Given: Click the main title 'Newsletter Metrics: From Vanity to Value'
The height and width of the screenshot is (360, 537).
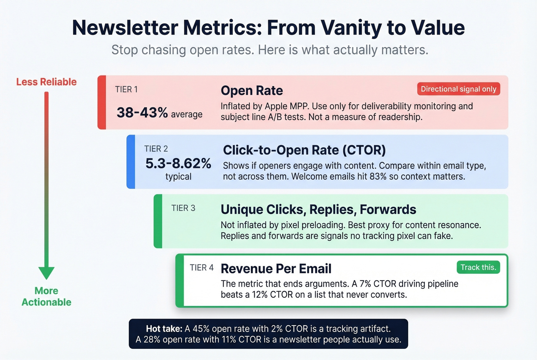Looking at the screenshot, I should [268, 28].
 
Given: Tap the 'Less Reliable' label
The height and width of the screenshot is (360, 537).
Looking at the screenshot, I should [46, 82].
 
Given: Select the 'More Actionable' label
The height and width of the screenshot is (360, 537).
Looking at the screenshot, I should [46, 296].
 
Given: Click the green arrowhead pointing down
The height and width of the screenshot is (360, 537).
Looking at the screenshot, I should [46, 273].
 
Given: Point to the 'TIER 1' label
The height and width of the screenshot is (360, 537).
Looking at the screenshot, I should [126, 89].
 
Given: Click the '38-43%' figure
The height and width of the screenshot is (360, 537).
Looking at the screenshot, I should [142, 113].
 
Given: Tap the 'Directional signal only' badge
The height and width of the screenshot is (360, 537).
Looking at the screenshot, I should [458, 89].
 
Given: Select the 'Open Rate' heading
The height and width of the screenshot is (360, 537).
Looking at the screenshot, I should [252, 90].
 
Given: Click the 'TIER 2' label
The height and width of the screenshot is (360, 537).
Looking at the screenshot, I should [156, 149].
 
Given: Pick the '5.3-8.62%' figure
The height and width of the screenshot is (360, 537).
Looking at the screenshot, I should [178, 163].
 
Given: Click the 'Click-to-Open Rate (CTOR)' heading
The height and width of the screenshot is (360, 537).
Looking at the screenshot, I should [304, 150].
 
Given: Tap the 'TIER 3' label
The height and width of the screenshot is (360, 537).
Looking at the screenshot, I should [183, 208].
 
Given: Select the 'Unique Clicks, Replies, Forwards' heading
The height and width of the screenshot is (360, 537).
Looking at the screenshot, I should [318, 209].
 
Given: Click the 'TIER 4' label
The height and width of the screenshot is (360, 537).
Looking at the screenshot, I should [201, 268].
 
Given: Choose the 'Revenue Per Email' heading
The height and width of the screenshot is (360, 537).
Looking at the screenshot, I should [276, 269].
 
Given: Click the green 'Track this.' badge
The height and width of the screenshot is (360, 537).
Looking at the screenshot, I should [478, 267].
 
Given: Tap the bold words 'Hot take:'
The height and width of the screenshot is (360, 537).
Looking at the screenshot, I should [164, 329].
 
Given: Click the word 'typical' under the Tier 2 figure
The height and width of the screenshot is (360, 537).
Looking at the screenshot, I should [178, 177].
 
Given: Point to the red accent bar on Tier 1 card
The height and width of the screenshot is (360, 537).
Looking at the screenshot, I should [102, 102].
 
